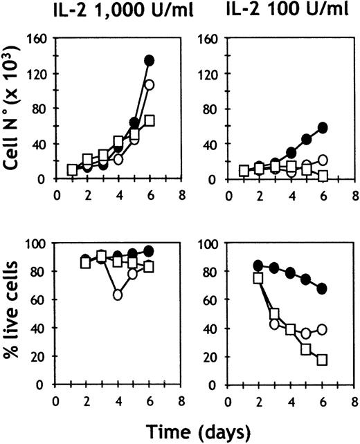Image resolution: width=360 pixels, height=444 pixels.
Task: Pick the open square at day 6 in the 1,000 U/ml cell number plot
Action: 149,121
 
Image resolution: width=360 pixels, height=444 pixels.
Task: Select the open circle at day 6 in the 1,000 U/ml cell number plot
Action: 149,85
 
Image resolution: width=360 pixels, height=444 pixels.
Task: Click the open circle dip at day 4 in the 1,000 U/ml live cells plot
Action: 118,295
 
